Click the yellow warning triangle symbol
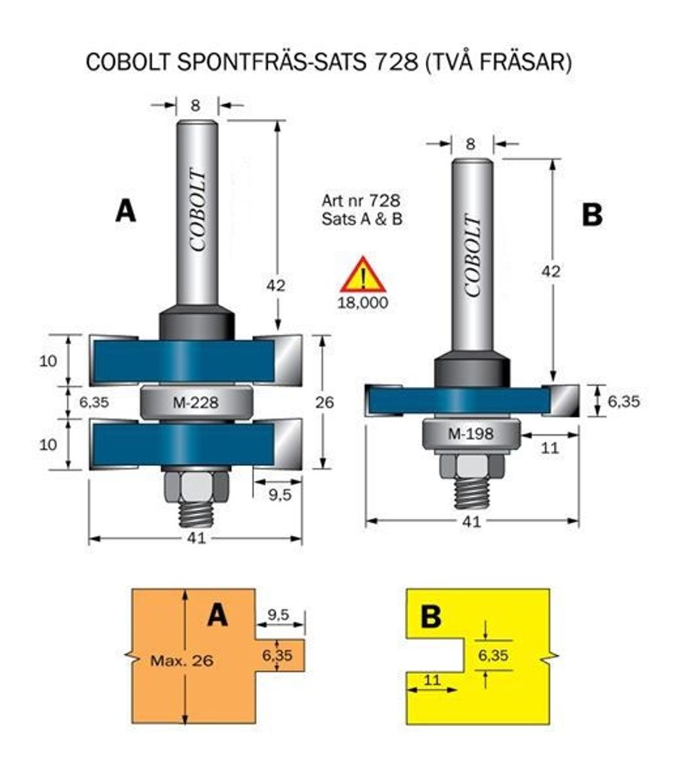(x=363, y=276)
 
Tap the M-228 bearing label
(x=195, y=403)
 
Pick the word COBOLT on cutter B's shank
(x=473, y=257)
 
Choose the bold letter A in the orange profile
(x=217, y=616)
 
